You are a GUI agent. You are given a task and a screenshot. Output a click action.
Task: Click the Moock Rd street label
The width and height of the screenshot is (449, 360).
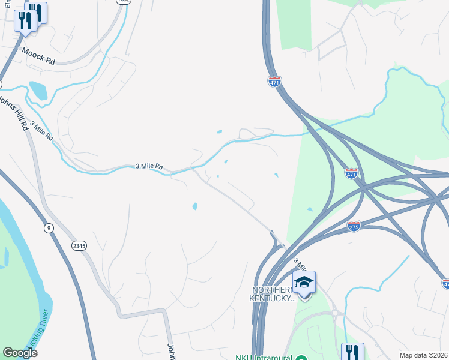pos(39,53)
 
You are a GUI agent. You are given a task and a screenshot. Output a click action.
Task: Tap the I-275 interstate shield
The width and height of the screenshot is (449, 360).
pos(354,226)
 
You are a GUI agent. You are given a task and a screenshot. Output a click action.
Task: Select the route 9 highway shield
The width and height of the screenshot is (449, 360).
pos(48,227)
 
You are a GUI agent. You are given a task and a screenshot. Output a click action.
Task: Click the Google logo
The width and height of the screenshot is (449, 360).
pos(20,353)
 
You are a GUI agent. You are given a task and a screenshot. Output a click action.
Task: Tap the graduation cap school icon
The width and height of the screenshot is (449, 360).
pos(304,281)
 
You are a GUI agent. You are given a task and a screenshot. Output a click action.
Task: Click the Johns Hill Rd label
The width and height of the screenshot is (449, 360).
pos(13,112)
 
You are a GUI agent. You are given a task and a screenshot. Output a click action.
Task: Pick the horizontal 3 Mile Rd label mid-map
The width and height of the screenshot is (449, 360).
pos(149,166)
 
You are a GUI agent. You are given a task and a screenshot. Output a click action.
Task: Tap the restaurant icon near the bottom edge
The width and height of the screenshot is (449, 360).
pos(352,352)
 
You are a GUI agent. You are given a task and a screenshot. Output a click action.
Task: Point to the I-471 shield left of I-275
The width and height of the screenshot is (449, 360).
pos(352,173)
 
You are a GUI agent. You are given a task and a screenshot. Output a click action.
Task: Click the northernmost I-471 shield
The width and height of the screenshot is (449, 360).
pos(274,82)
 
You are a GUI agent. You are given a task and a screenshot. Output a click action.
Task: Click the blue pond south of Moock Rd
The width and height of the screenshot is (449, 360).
pos(38,91)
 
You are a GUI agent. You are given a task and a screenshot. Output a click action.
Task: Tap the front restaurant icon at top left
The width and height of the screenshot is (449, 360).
pos(25,22)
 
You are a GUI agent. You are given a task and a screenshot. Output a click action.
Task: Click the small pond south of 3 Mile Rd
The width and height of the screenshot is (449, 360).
pos(194,206)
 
